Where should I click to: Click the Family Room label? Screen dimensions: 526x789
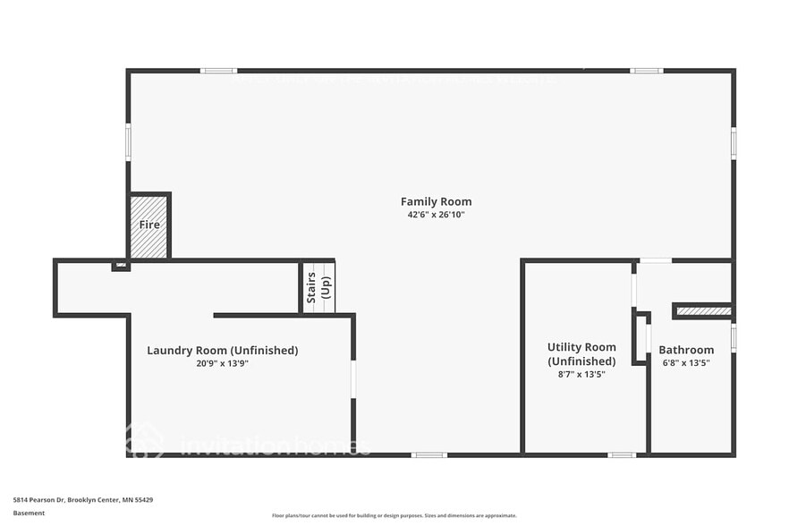tap(436, 201)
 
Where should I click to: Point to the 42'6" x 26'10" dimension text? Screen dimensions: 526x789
tap(436, 215)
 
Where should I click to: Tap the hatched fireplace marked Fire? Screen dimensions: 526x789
tap(148, 225)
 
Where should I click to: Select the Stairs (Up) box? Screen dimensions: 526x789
tap(318, 287)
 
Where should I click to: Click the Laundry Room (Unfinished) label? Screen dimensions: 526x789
tap(222, 350)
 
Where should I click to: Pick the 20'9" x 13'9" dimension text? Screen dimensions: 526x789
tap(222, 363)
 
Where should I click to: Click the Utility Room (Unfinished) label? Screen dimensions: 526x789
tap(581, 353)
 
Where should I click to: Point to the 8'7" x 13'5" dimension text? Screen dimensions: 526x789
tap(581, 374)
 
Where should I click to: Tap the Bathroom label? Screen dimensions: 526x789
tap(686, 350)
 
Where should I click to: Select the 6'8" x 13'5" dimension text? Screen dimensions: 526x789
tap(686, 363)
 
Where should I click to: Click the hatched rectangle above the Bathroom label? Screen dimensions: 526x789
tap(704, 311)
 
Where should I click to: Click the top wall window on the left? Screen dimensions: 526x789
tap(217, 71)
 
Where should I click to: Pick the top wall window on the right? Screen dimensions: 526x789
tap(646, 71)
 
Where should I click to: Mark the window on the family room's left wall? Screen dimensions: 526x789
tap(128, 142)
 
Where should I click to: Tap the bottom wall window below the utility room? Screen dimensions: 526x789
tap(622, 454)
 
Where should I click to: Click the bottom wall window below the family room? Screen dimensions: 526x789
tap(428, 454)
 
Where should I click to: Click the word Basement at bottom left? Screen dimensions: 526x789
tap(29, 513)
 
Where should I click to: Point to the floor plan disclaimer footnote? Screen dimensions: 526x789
tap(394, 515)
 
